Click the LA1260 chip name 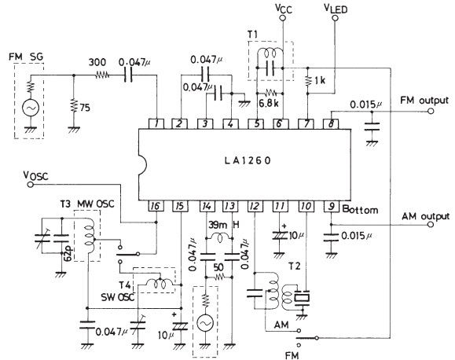(x=248, y=160)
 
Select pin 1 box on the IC (x=156, y=124)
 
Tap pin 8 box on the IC (x=331, y=124)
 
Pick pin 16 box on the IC (x=156, y=206)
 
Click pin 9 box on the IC (x=331, y=206)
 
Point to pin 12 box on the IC (x=255, y=206)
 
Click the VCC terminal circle (x=282, y=18)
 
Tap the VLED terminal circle (x=335, y=18)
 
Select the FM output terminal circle (x=431, y=111)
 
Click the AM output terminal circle (x=431, y=225)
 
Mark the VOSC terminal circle (x=30, y=185)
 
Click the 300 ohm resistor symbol (x=102, y=75)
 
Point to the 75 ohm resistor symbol (x=74, y=107)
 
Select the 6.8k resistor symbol (x=270, y=94)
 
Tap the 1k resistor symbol (x=307, y=80)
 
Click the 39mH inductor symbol (x=219, y=237)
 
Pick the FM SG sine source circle (x=31, y=108)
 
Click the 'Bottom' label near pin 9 (x=360, y=210)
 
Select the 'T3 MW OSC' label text (x=87, y=204)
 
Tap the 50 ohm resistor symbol (x=219, y=277)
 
